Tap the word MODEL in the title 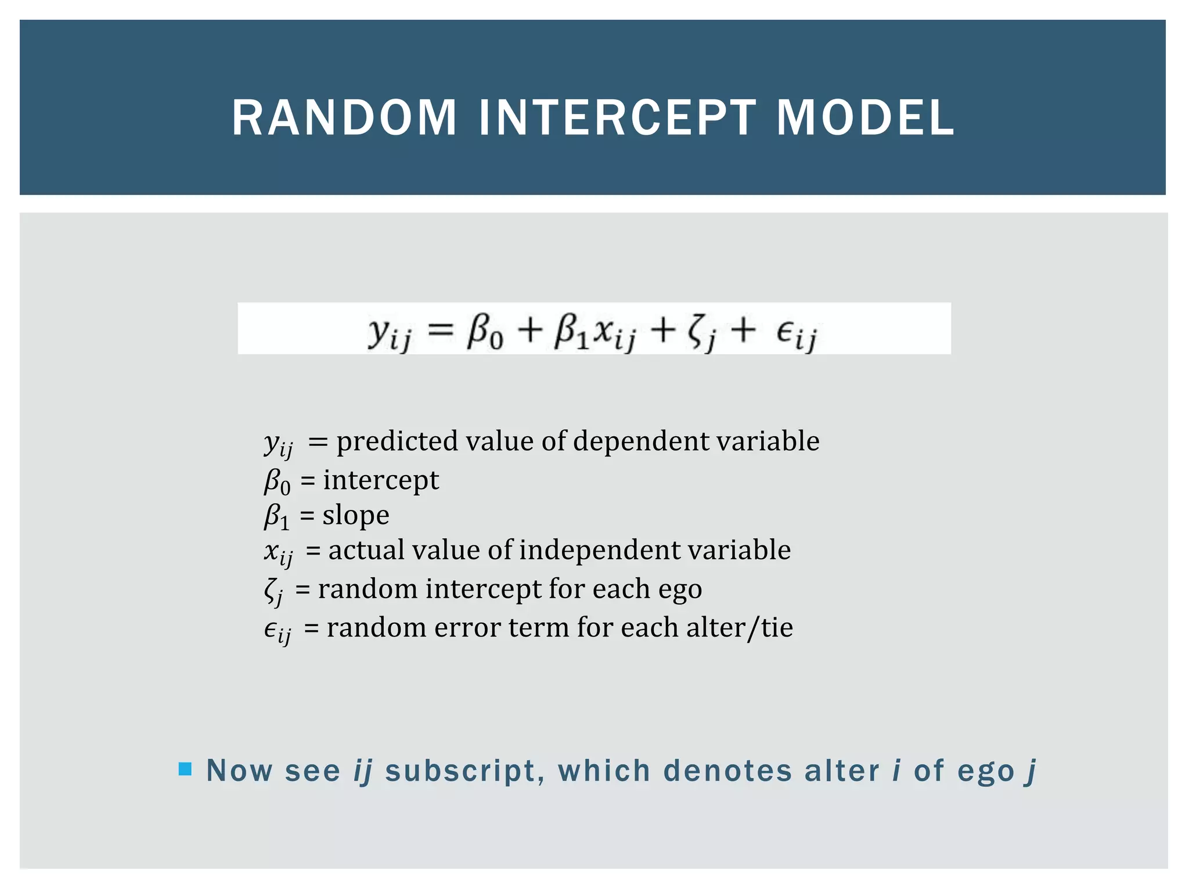[x=865, y=118]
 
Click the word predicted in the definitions [x=398, y=441]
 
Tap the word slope [x=356, y=515]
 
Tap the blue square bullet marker [x=185, y=769]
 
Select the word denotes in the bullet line [x=727, y=771]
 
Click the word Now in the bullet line [x=239, y=771]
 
